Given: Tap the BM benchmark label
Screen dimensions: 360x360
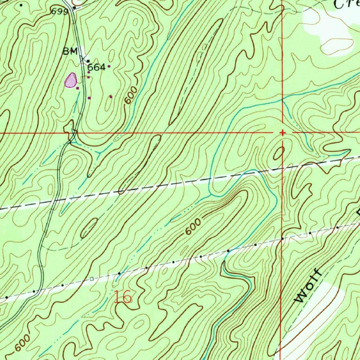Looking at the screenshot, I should coord(70,52).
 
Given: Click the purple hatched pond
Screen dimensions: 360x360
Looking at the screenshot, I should coord(71,80).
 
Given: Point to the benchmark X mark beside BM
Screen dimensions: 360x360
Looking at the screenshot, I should coord(83,58).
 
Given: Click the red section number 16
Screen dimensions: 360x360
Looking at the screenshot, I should coord(123,297).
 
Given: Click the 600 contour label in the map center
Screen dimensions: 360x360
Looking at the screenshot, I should coord(193,227).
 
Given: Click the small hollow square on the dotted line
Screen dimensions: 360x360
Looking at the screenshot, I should coord(92,279).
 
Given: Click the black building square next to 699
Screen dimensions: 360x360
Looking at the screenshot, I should coord(74,7).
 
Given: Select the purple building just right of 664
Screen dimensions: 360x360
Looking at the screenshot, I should coord(109,66).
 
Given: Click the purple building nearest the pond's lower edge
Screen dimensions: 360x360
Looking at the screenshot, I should coord(78,88).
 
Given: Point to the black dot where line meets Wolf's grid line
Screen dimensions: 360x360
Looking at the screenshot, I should coord(282,239).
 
